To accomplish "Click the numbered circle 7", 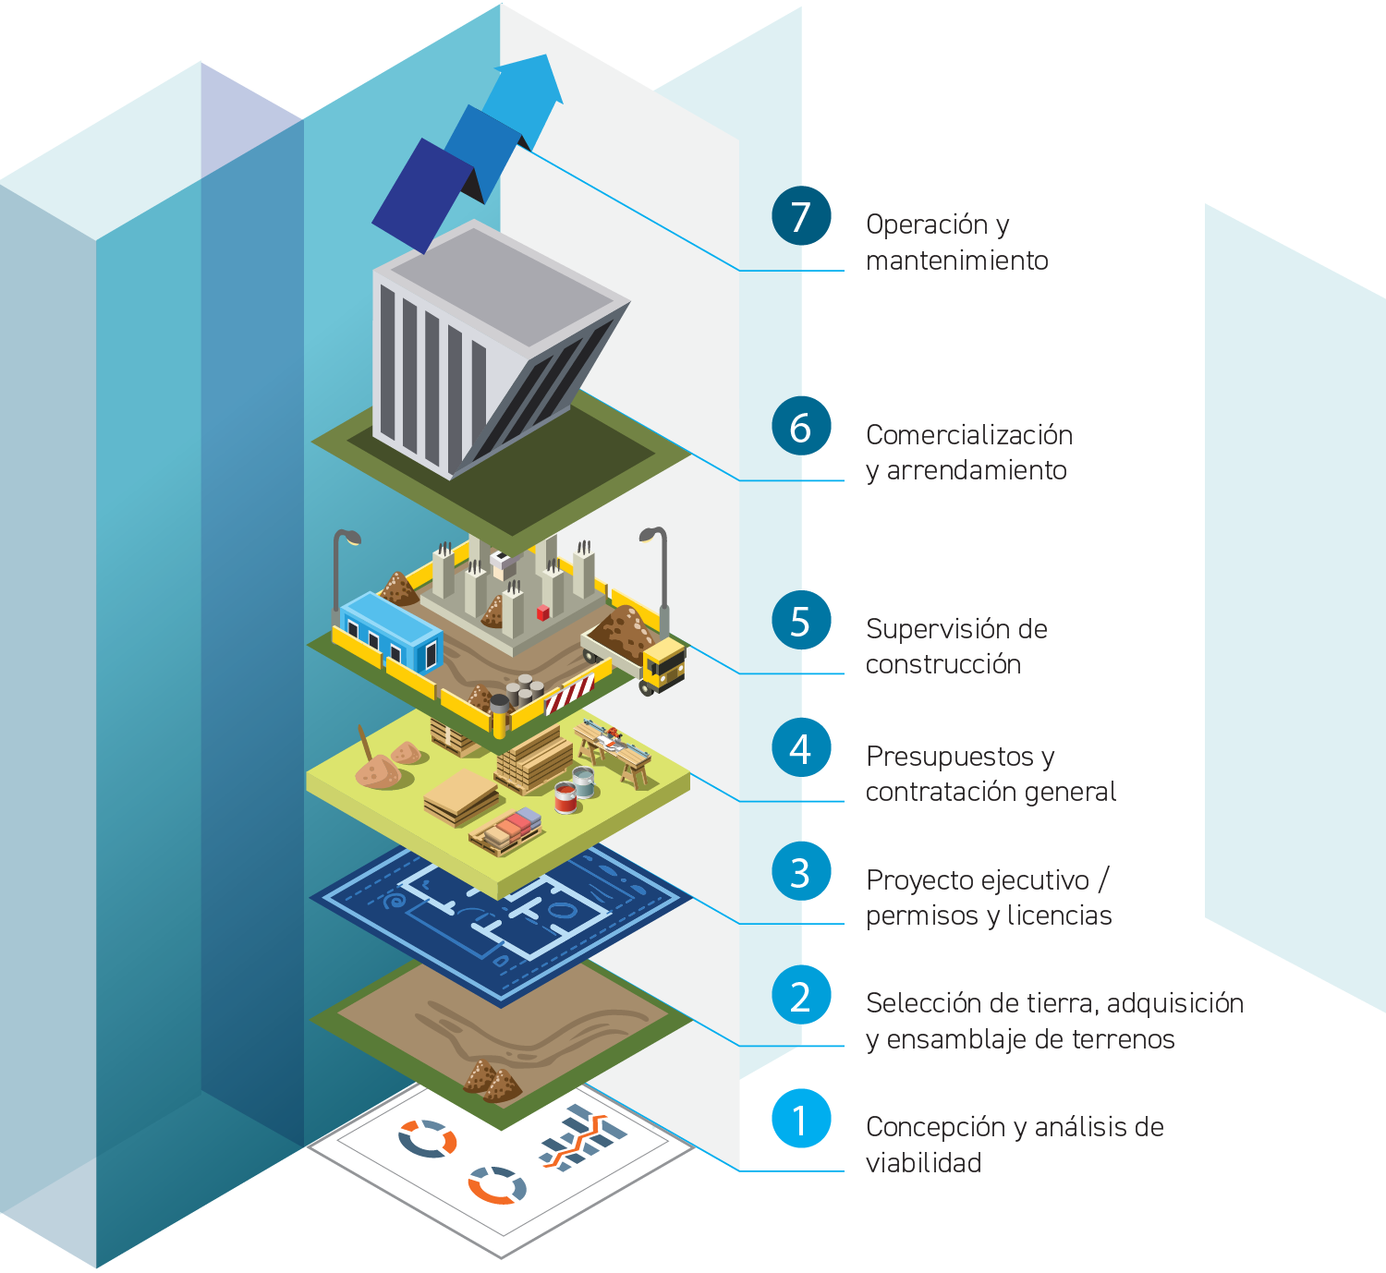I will [801, 216].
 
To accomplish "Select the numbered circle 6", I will [801, 427].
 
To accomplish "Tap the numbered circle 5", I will [801, 621].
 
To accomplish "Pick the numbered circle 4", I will [801, 748].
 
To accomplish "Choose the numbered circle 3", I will [801, 872].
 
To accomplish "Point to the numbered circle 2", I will [801, 996].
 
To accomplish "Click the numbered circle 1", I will [801, 1119].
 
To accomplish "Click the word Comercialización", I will [969, 435].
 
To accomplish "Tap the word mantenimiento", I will [957, 261].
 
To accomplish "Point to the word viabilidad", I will [923, 1163].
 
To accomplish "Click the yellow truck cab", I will [664, 665].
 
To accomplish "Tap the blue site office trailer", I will [390, 630].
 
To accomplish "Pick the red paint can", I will [565, 797].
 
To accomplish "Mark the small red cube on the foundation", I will [543, 612].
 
